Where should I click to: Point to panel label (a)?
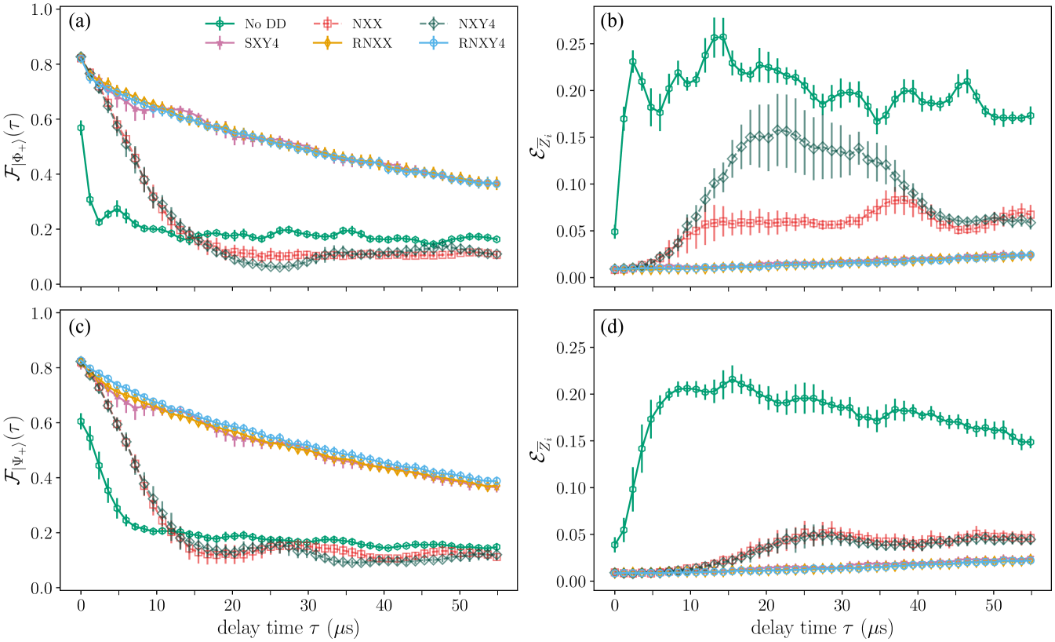[80, 22]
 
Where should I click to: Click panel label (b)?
[611, 22]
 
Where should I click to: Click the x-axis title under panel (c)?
[288, 629]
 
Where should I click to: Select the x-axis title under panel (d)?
[822, 629]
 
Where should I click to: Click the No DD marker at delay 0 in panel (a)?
[80, 127]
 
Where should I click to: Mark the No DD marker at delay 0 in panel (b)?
[615, 232]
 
